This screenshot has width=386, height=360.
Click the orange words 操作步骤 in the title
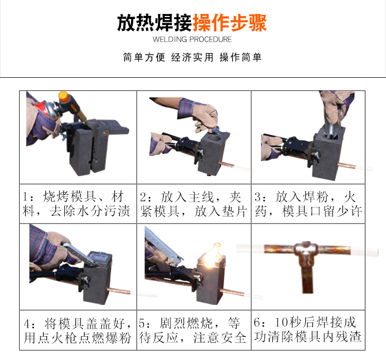pos(230,23)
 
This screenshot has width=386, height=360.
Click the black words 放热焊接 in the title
pos(154,23)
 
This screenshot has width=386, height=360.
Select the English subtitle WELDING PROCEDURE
pos(192,40)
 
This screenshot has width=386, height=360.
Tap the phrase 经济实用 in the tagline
pos(192,57)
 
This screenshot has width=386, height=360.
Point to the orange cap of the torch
pos(64,97)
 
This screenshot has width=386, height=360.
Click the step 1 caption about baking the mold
pos(76,204)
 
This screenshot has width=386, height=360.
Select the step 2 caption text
pos(194,204)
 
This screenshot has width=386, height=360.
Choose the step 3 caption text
pos(308,204)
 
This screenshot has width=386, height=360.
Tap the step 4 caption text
pos(77,331)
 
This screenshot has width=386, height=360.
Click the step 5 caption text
pos(193,330)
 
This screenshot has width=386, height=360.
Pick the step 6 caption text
pos(308,330)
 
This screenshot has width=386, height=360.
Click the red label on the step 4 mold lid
pos(98,255)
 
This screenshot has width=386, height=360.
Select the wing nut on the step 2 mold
pos(201,152)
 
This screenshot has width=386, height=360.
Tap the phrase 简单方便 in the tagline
pos(144,57)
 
